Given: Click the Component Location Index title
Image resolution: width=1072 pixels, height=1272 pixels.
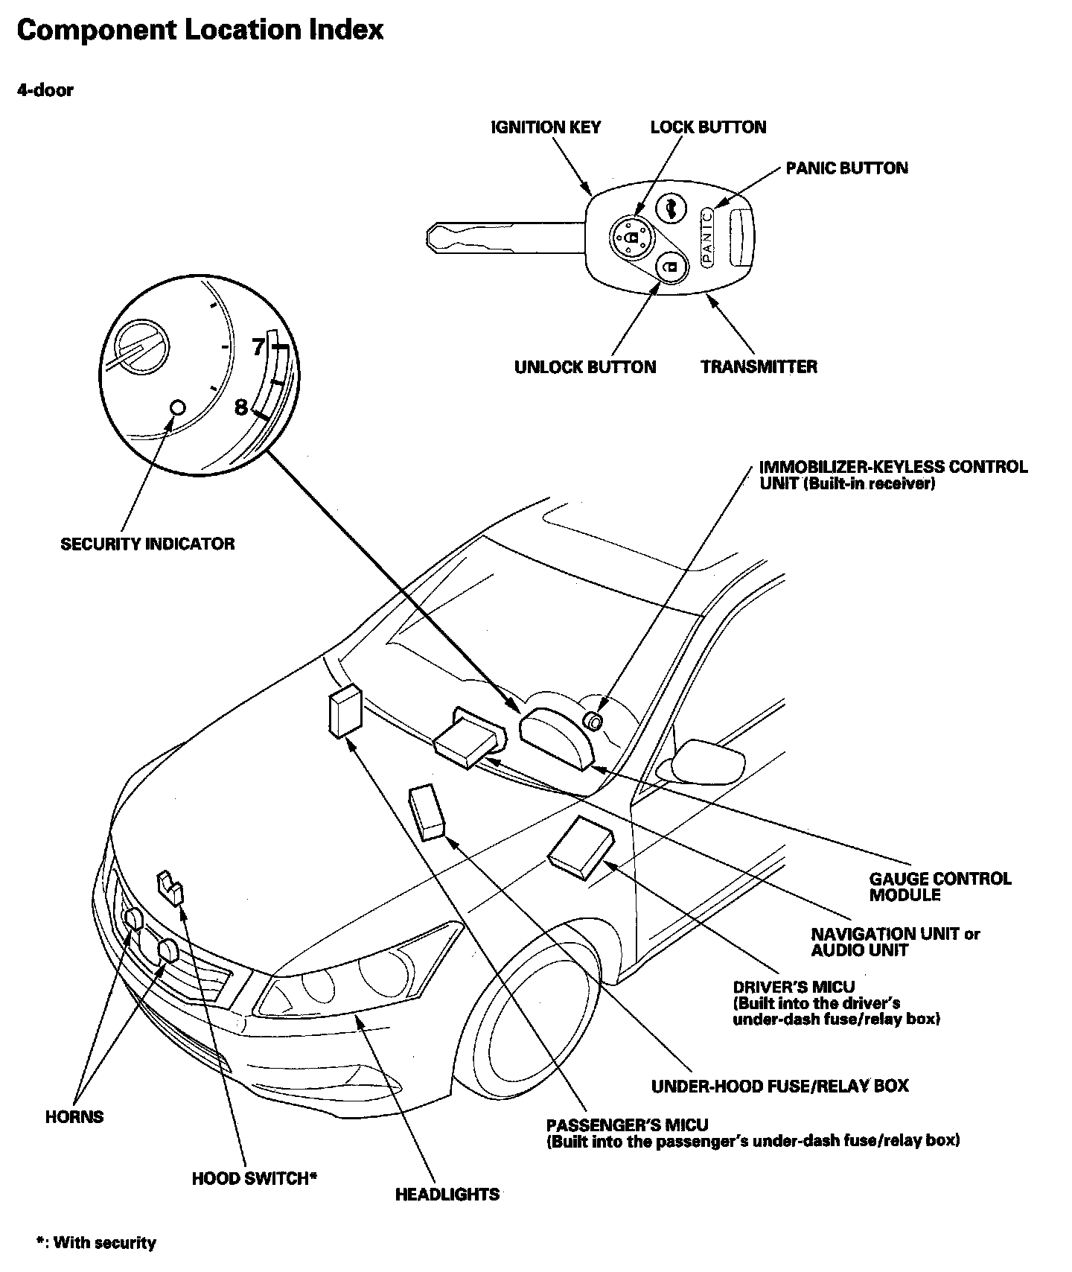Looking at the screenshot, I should (x=200, y=30).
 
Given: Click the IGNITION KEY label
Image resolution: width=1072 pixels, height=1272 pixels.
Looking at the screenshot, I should (x=546, y=127).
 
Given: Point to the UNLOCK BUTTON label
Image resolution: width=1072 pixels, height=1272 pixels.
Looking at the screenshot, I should (x=585, y=367).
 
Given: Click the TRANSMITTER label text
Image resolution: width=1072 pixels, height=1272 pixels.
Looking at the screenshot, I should (x=759, y=367).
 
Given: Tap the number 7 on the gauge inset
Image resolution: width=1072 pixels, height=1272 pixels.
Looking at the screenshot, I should (x=258, y=347).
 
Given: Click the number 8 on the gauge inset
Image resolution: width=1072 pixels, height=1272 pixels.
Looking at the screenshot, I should (x=240, y=407).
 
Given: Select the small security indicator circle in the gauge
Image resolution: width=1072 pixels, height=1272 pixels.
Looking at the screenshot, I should (x=177, y=407).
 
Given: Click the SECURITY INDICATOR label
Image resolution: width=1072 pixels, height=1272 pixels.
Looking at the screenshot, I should (x=147, y=544).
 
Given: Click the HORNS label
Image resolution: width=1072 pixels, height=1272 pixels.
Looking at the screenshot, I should (x=74, y=1117).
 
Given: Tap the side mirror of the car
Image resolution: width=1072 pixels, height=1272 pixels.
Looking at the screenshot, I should (x=708, y=760).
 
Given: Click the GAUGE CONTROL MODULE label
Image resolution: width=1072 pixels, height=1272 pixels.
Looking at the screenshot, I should (x=940, y=887).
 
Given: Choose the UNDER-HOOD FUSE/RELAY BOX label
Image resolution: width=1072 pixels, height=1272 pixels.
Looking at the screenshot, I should (x=779, y=1086).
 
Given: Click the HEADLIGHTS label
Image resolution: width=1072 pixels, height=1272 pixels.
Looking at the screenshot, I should (x=447, y=1195).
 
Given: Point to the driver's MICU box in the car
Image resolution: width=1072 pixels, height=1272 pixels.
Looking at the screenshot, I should (x=581, y=846).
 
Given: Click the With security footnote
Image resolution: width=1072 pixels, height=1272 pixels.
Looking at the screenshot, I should (x=97, y=1243).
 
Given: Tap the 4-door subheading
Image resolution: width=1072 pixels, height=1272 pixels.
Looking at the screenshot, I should (x=45, y=90).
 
